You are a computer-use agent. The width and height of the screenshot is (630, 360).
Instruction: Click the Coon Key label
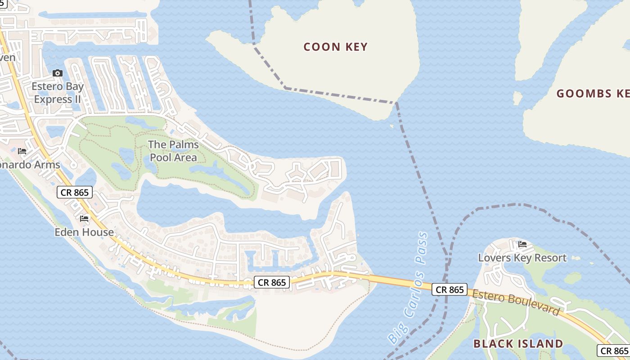[335, 47]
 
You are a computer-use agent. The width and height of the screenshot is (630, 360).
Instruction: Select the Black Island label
[518, 344]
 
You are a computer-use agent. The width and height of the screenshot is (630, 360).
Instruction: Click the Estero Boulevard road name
[515, 302]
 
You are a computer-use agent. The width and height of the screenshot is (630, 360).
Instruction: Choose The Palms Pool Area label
[173, 151]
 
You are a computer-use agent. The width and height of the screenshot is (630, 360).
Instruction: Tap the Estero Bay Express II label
[57, 93]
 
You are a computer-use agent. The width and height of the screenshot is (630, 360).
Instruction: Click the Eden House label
[84, 232]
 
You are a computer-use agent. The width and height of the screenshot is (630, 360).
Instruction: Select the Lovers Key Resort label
[522, 258]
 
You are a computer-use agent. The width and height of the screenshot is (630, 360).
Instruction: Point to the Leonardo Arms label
[29, 165]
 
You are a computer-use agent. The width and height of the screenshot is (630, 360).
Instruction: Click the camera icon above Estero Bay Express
[58, 73]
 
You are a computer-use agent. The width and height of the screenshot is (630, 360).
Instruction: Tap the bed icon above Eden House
[84, 219]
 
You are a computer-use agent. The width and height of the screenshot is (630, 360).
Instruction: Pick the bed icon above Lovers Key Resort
[522, 244]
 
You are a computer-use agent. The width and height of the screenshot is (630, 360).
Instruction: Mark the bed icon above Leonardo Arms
[22, 151]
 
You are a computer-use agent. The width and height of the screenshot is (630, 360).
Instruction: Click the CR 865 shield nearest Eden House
[75, 193]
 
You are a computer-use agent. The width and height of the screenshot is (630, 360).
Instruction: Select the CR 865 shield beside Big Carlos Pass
[450, 290]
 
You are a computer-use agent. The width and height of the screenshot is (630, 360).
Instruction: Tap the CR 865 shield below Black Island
[614, 351]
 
